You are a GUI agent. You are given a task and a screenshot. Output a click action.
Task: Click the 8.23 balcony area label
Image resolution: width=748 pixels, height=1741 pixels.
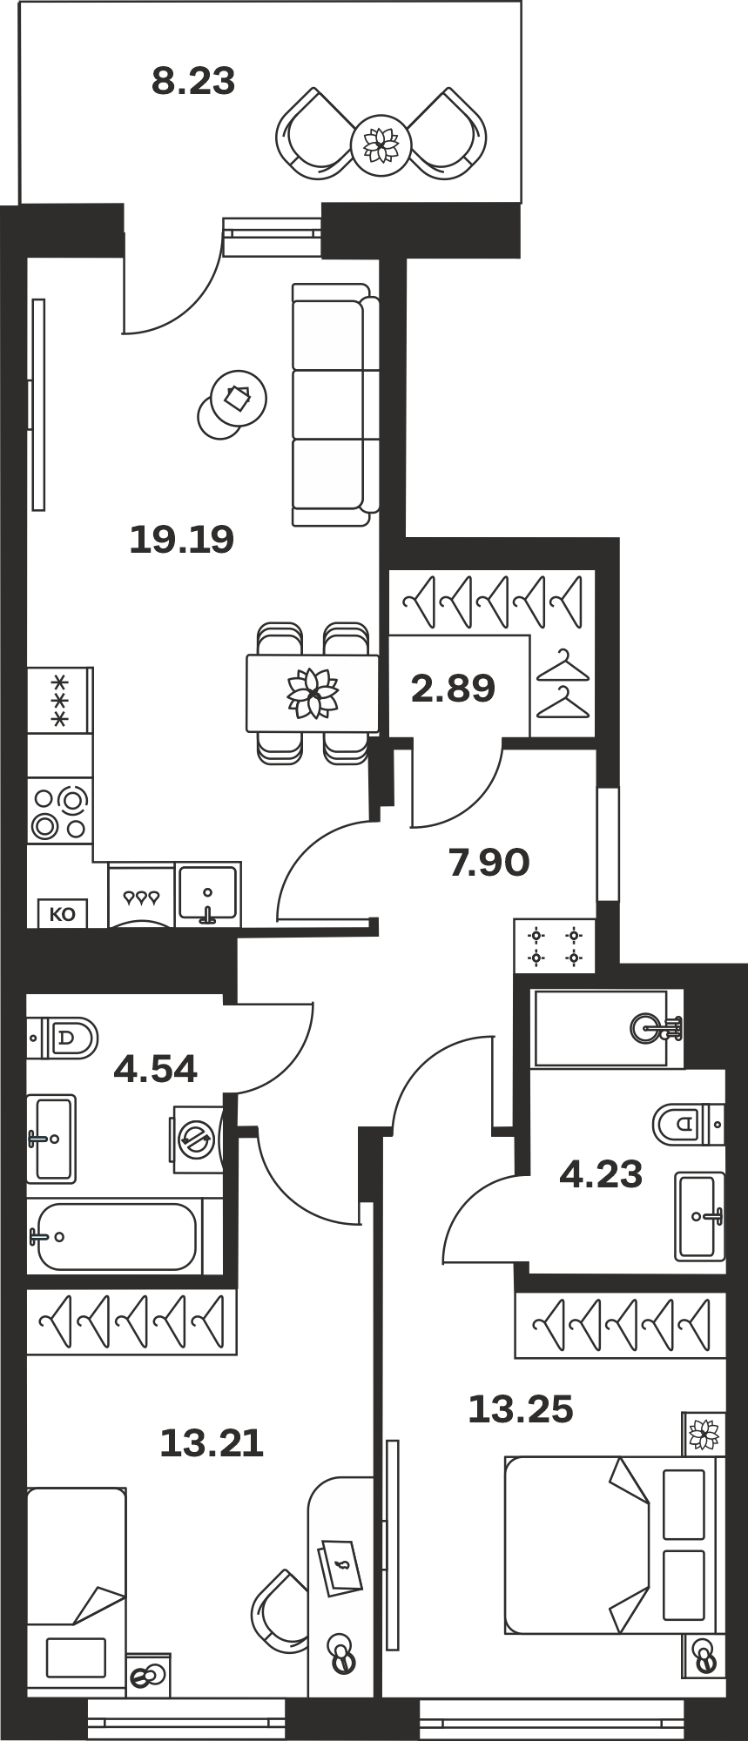pyautogui.click(x=193, y=82)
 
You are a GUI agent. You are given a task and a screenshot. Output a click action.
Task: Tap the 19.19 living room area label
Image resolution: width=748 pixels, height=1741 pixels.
pyautogui.click(x=182, y=540)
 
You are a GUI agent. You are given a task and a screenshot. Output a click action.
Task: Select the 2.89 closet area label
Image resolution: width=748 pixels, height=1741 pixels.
pyautogui.click(x=453, y=689)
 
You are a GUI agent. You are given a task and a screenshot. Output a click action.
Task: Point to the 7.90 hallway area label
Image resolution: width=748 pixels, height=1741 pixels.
pyautogui.click(x=489, y=863)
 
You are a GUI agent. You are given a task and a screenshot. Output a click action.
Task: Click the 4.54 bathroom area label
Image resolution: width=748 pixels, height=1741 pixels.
pyautogui.click(x=156, y=1068)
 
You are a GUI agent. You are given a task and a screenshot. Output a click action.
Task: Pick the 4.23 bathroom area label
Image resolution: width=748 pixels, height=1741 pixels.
pyautogui.click(x=601, y=1174)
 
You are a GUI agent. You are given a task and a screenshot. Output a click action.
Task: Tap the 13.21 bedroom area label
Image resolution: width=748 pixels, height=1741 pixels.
pyautogui.click(x=212, y=1444)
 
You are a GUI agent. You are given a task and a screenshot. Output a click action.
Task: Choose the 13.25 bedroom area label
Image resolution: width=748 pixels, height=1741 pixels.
pyautogui.click(x=521, y=1409)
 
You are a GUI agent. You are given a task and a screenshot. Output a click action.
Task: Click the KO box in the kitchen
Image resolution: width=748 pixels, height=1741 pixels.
pyautogui.click(x=63, y=914)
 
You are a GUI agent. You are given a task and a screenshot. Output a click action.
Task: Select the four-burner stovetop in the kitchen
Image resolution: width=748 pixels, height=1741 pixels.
pyautogui.click(x=59, y=813)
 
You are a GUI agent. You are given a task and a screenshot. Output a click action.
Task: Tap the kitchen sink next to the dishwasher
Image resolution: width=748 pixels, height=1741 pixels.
pyautogui.click(x=208, y=895)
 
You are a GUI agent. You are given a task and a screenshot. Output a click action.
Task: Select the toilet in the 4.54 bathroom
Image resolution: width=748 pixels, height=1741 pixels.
pyautogui.click(x=63, y=1038)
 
